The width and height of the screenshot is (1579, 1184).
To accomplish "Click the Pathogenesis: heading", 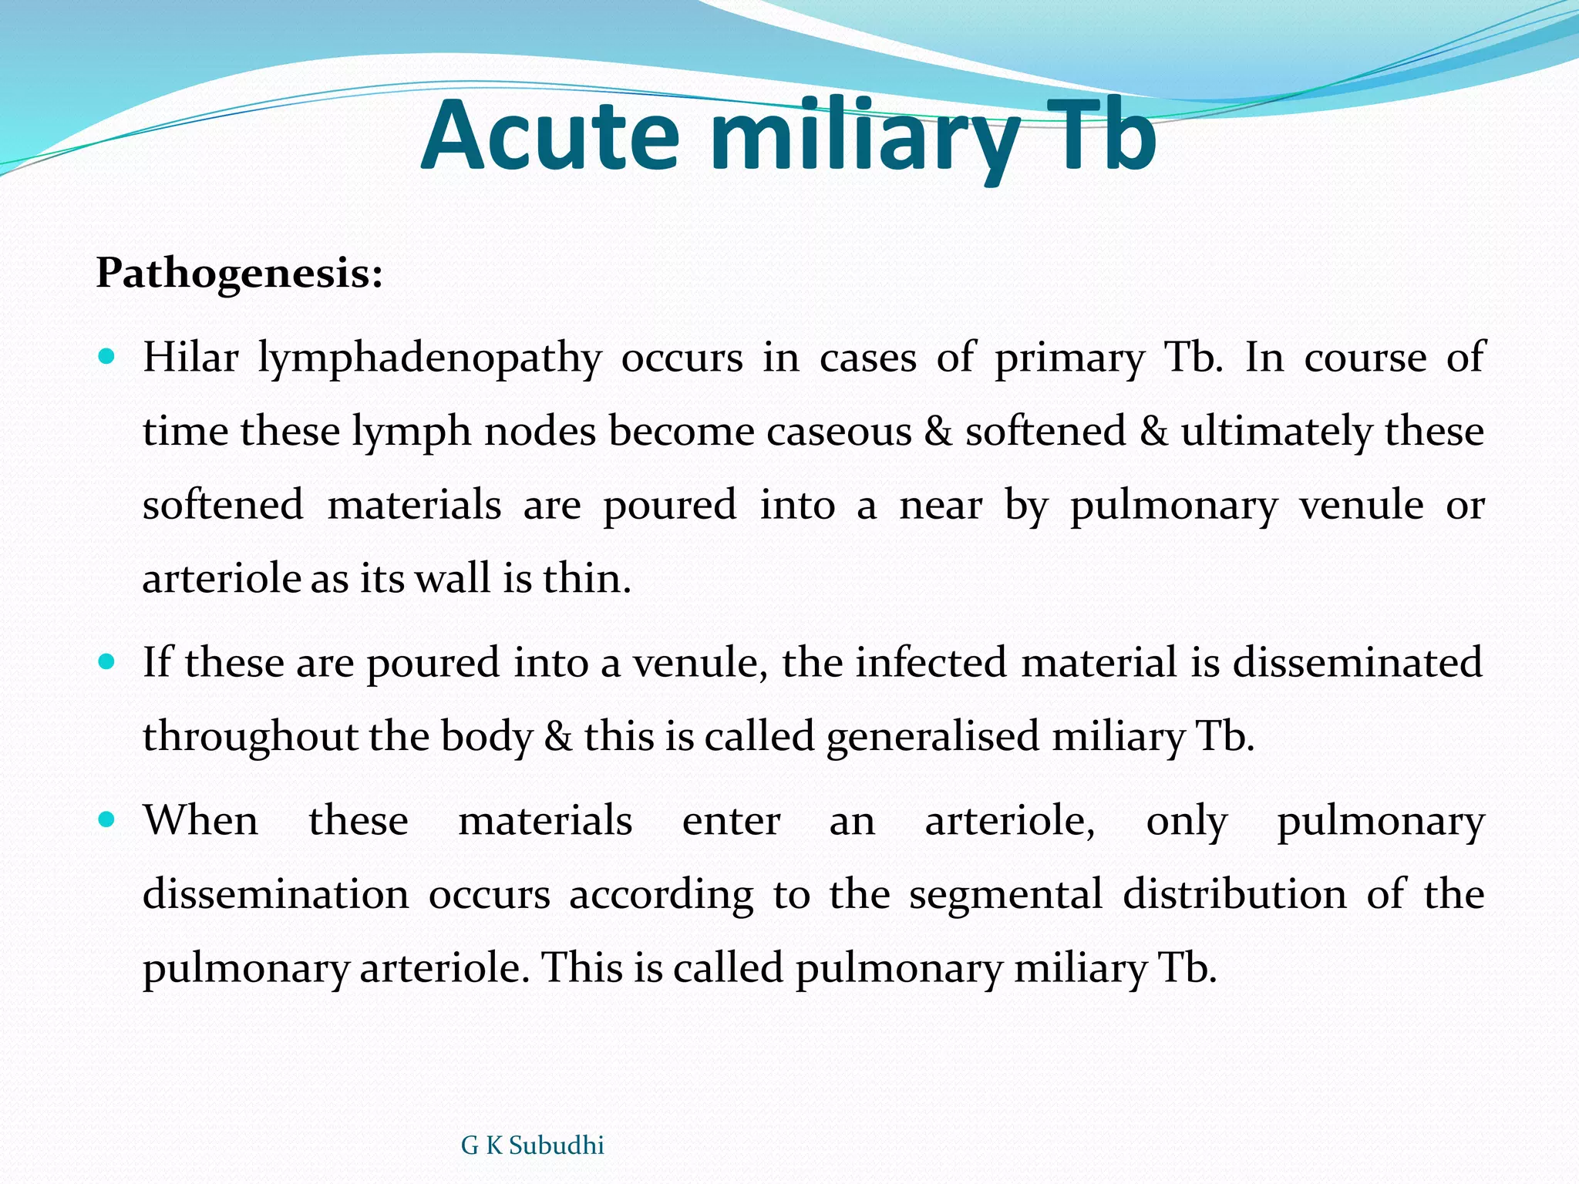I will [x=239, y=273].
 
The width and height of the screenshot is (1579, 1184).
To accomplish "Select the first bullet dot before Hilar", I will [x=107, y=358].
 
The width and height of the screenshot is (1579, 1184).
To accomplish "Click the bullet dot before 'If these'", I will [x=107, y=662].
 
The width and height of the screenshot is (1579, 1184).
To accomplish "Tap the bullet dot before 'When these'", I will [x=107, y=819].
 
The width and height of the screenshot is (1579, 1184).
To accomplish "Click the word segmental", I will [x=1005, y=894].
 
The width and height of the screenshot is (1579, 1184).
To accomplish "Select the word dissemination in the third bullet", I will [x=275, y=894].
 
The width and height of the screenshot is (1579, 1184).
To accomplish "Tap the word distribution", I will [x=1234, y=894].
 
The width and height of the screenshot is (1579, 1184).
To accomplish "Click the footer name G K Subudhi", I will [x=532, y=1145].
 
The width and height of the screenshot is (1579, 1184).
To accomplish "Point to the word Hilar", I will [x=190, y=358].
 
